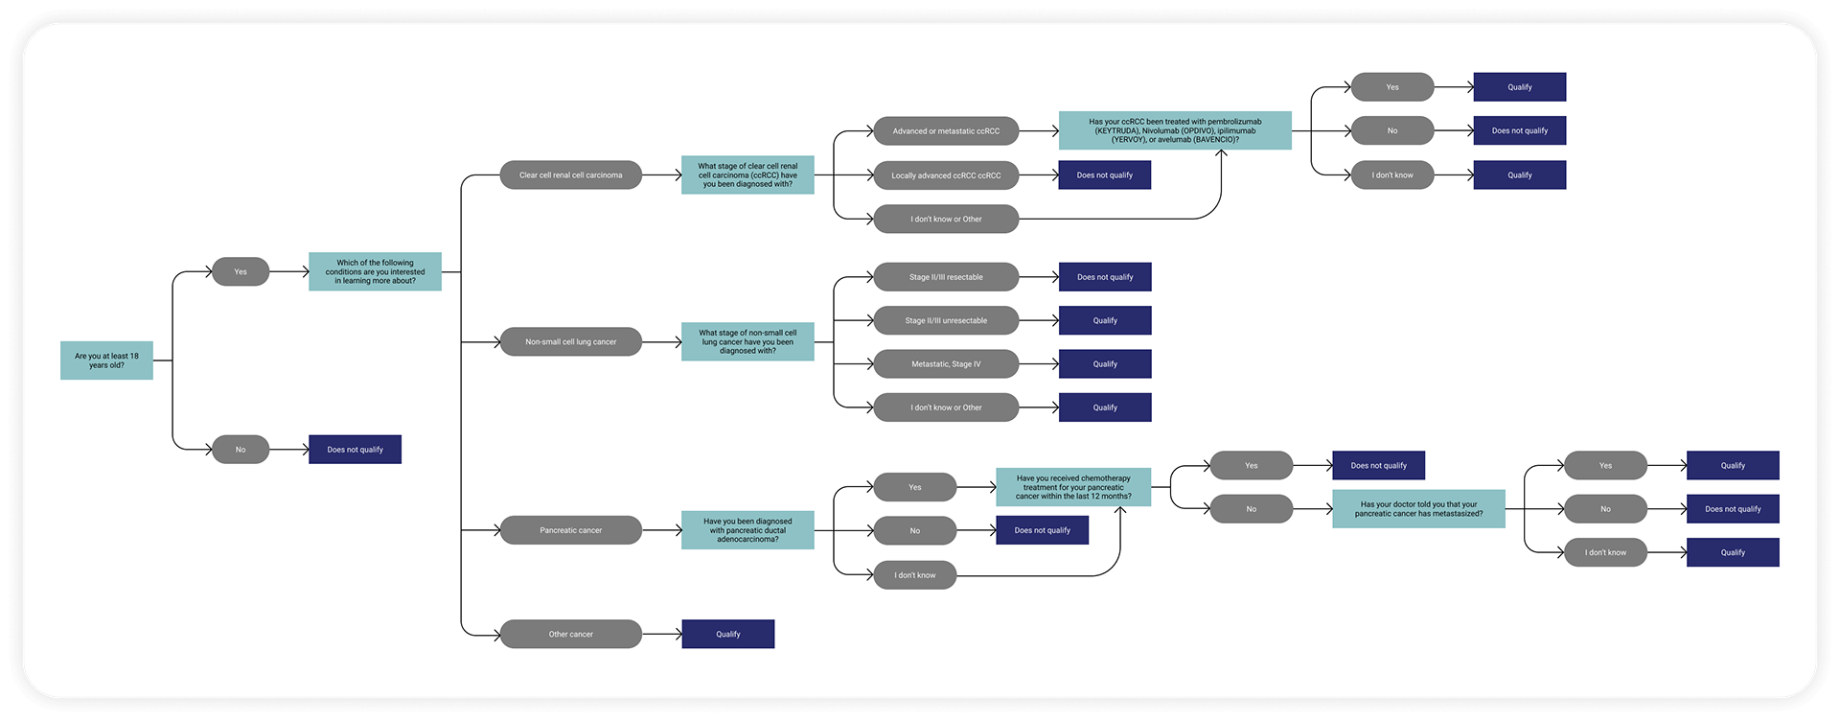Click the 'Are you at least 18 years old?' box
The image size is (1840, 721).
(x=106, y=360)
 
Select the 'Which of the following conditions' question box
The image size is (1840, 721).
(x=375, y=271)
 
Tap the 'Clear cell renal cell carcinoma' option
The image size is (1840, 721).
(x=570, y=175)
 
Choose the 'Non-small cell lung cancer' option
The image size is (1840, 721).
(x=570, y=342)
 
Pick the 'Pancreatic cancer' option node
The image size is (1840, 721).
(x=570, y=530)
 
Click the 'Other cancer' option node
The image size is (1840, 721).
(x=570, y=634)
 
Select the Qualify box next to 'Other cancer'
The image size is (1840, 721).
(x=727, y=634)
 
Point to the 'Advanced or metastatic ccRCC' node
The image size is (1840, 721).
(x=946, y=131)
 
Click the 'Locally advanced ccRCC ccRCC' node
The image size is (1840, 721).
(x=946, y=175)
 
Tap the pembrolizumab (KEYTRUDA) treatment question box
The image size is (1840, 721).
(x=1175, y=130)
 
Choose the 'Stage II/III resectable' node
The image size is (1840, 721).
(x=946, y=277)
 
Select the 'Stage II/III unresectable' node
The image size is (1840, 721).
(x=946, y=320)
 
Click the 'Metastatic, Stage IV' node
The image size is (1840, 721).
(x=946, y=364)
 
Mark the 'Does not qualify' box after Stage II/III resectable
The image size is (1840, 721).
(x=1105, y=277)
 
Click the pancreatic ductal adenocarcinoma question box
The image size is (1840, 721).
(x=747, y=530)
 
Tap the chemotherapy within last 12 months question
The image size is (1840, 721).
(x=1073, y=487)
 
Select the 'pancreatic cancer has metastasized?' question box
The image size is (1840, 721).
(x=1418, y=509)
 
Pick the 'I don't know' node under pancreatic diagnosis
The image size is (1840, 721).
(x=914, y=575)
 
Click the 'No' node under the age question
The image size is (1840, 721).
(x=241, y=450)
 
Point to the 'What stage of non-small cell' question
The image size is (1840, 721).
(x=747, y=342)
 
